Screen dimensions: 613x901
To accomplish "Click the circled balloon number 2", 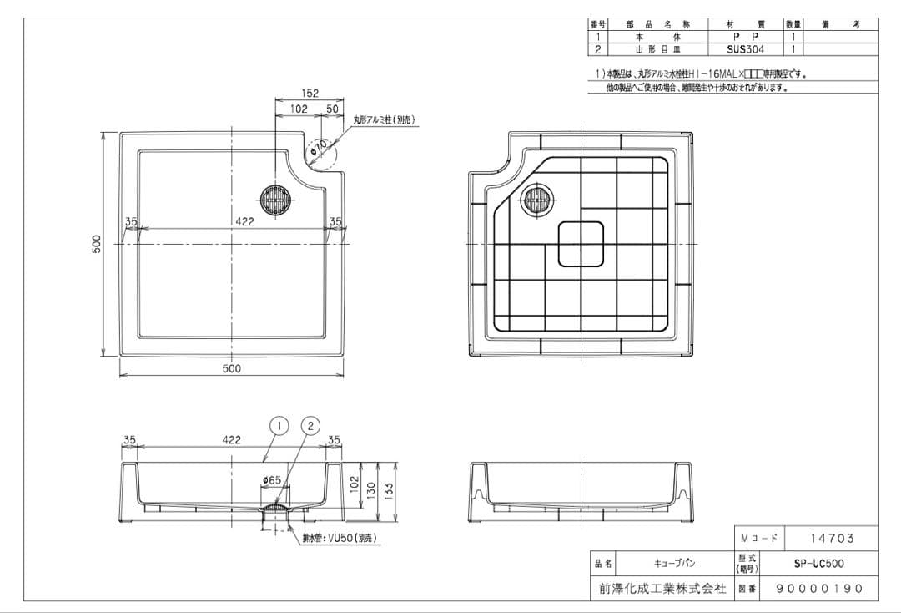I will point(310,426).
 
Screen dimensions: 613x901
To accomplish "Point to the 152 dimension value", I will point(310,94).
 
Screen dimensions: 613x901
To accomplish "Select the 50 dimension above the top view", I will point(331,109).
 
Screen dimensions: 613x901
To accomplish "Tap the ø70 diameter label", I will point(317,149).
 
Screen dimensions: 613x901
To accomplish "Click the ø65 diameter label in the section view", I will point(271,480).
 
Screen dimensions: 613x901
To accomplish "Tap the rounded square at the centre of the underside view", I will point(581,243).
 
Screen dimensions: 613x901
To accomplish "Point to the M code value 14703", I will point(832,539).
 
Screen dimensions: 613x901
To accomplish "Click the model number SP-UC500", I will point(818,564).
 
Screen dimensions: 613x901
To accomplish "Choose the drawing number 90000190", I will point(818,589).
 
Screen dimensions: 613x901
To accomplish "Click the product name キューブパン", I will point(675,564).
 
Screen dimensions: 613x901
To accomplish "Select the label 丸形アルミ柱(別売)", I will point(384,120).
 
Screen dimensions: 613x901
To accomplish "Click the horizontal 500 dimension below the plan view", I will point(231,368).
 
